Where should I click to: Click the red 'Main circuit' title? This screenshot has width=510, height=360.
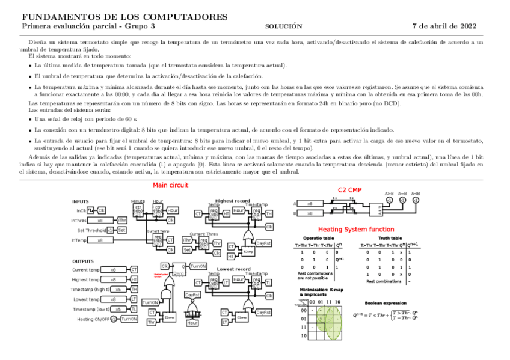pyautogui.click(x=170, y=185)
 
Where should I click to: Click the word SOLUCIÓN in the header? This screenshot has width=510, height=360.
pyautogui.click(x=283, y=26)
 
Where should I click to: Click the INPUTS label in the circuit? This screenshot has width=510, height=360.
pyautogui.click(x=81, y=201)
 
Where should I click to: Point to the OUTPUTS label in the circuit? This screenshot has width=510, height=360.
pyautogui.click(x=83, y=261)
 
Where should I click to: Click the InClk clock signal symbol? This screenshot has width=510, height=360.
pyautogui.click(x=91, y=210)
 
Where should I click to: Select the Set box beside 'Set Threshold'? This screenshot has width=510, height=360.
pyautogui.click(x=121, y=230)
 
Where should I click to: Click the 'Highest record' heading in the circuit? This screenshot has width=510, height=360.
pyautogui.click(x=233, y=200)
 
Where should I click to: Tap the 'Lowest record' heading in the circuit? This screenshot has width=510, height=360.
pyautogui.click(x=233, y=269)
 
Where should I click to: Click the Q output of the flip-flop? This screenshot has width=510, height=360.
pyautogui.click(x=183, y=266)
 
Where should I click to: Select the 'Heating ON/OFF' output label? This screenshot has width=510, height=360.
pyautogui.click(x=93, y=319)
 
